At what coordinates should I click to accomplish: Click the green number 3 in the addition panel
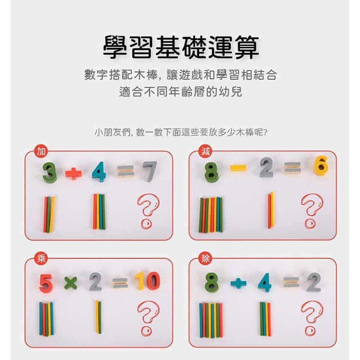49,172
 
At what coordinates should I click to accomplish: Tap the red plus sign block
74,173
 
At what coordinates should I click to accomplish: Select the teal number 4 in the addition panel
99,172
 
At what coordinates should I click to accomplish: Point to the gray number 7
150,171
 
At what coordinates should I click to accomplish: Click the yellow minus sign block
238,168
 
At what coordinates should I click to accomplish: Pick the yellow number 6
321,165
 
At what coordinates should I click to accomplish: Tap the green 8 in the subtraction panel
211,172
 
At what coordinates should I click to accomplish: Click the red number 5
46,283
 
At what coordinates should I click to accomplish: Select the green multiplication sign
70,282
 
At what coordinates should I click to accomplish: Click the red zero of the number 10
153,280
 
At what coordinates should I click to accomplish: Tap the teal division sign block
239,283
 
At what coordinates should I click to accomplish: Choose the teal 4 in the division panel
265,282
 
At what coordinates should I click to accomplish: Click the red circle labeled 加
41,151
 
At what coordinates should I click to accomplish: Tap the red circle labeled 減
205,151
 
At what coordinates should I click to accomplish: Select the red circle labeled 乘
41,259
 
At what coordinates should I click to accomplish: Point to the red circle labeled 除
205,259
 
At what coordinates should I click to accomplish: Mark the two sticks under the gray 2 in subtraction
271,210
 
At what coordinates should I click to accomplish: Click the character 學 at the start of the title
115,47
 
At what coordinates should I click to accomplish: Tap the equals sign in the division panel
291,282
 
